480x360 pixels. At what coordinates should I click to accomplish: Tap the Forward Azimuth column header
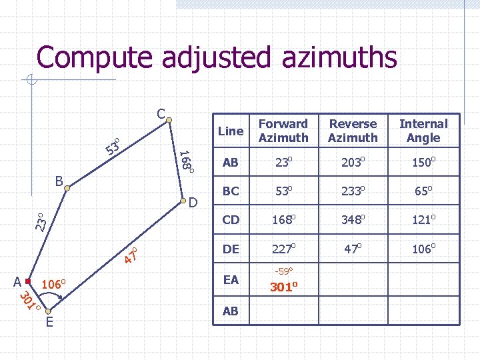[x=283, y=131]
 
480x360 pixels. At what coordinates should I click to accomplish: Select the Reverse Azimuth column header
[x=353, y=131]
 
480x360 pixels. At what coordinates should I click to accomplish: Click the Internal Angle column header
[x=423, y=131]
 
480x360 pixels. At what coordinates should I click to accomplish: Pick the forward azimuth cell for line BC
[x=283, y=191]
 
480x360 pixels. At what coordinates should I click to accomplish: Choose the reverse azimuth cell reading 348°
[x=353, y=219]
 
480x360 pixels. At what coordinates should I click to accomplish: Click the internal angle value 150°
[x=423, y=162]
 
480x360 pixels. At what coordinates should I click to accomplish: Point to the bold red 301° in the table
[x=283, y=287]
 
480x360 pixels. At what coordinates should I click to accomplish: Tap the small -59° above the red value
[x=283, y=271]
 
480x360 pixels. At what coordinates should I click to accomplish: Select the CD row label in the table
[x=231, y=219]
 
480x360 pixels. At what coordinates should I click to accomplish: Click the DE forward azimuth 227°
[x=283, y=249]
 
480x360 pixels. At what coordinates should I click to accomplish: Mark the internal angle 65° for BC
[x=423, y=191]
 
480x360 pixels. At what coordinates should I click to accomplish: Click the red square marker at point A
[x=28, y=282]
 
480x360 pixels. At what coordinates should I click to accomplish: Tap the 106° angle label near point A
[x=53, y=285]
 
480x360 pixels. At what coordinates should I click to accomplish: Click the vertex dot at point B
[x=67, y=189]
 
